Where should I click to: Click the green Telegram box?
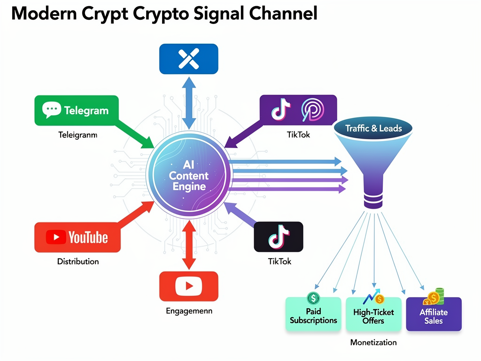pos(76,110)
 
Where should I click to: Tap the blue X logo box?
pos(189,59)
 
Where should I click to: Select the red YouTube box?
pos(78,237)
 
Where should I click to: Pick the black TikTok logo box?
pos(278,236)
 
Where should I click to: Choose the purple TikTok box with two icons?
pos(298,110)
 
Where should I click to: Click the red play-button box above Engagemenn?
pos(189,286)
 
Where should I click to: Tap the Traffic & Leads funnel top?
pos(373,128)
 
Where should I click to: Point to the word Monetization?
pos(373,342)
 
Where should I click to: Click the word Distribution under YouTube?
pos(78,261)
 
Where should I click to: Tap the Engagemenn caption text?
pos(189,311)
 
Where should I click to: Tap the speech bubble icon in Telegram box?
pos(52,110)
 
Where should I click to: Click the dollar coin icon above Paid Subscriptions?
pos(313,298)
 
